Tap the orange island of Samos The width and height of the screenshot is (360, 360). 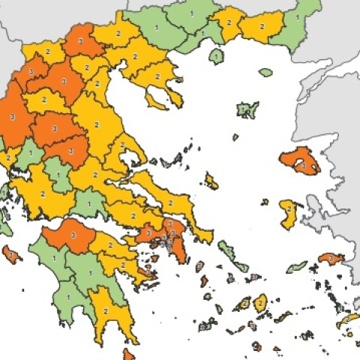330,258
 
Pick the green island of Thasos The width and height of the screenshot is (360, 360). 216,55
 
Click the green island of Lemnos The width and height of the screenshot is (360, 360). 247,110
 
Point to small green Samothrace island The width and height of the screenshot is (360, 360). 265,73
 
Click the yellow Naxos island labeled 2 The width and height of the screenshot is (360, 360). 259,303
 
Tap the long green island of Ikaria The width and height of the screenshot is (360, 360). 297,266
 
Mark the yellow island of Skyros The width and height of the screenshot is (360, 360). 211,181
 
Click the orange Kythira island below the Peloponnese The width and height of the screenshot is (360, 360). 129,353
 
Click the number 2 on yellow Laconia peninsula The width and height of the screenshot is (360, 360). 106,310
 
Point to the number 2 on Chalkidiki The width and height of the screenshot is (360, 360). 158,76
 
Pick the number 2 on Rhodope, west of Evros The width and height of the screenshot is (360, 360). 262,25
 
